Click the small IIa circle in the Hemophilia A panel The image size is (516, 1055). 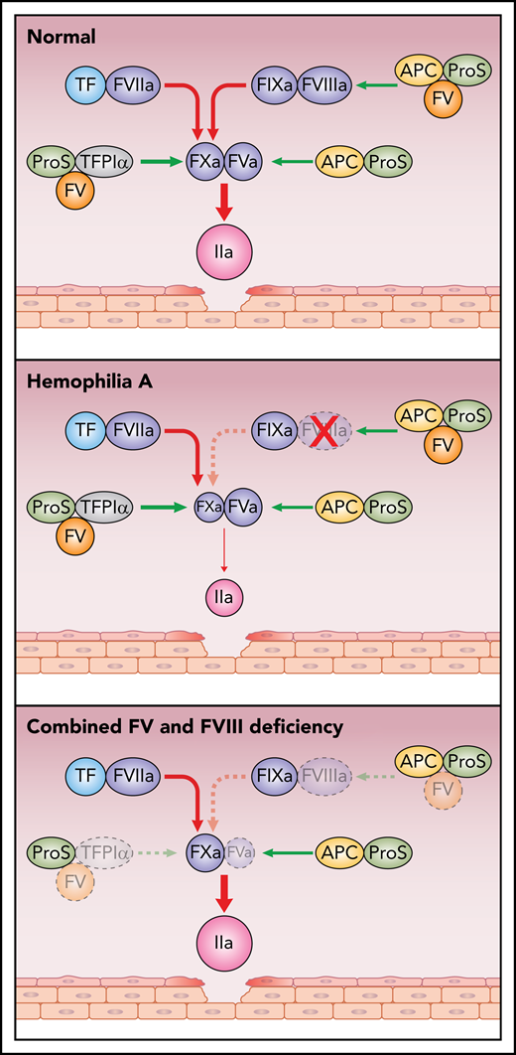[223, 596]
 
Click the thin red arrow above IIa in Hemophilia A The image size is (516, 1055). [223, 551]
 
